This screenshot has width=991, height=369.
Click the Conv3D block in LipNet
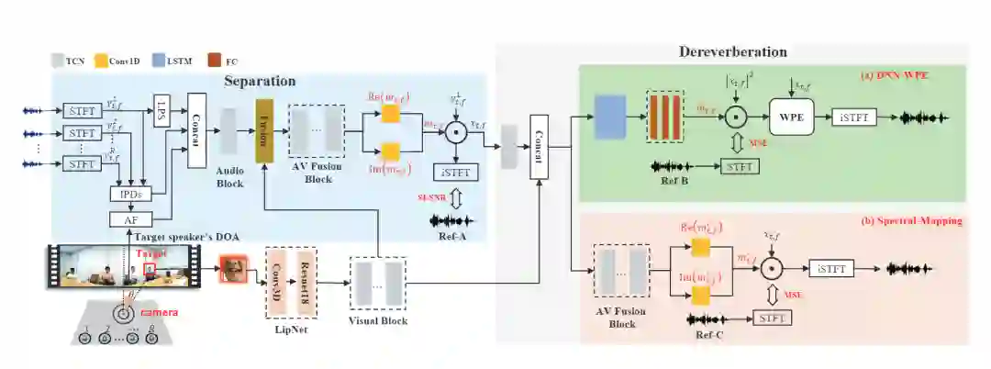pos(279,275)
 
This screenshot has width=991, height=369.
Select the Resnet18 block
pos(306,275)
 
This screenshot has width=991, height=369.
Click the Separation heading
pos(261,82)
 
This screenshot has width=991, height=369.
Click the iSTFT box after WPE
pos(852,117)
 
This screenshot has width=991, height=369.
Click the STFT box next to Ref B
pos(740,166)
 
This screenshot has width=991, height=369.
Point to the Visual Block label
pos(377,320)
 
